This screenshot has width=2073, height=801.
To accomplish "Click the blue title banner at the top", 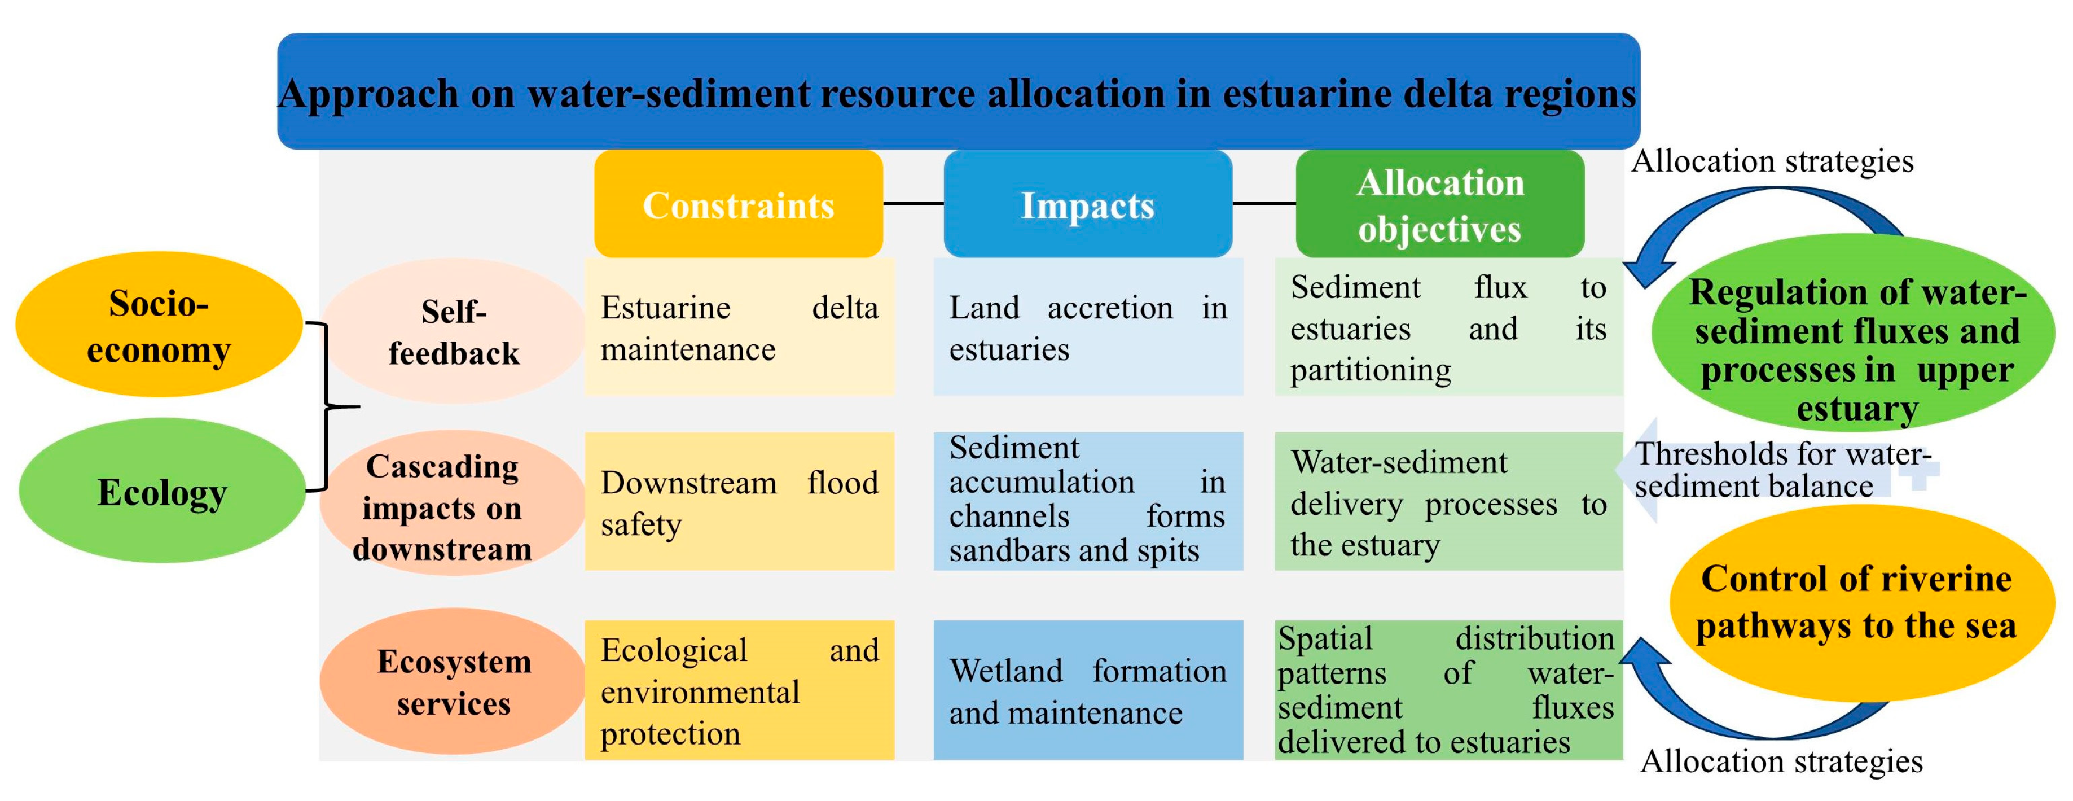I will (958, 91).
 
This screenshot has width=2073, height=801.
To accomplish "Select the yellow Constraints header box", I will (738, 204).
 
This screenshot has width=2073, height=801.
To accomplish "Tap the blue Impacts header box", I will (1087, 204).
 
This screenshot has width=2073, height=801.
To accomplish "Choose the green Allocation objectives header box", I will (1440, 204).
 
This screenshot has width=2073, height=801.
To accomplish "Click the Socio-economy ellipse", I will (159, 325).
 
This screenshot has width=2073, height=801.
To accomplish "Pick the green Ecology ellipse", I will (162, 491).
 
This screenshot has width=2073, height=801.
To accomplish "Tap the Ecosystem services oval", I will (453, 681).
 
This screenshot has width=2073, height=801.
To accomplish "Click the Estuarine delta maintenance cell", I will (739, 327).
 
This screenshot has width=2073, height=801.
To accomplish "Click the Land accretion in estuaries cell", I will (1087, 327).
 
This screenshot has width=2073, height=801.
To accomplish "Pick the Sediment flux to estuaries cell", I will (1448, 327).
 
